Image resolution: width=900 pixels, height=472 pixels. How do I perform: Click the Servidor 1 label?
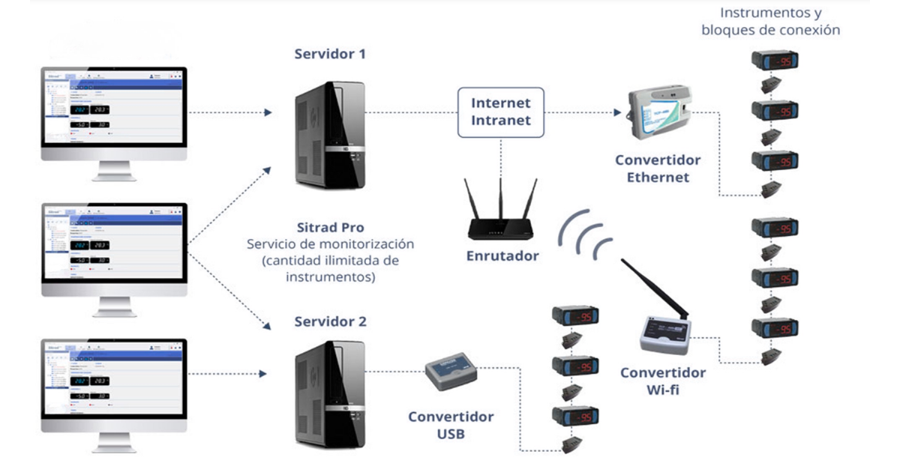click(331, 55)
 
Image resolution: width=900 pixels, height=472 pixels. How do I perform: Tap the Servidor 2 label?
click(331, 322)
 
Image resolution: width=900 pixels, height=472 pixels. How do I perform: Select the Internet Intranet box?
click(501, 112)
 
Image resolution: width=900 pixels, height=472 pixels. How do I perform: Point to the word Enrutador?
click(500, 256)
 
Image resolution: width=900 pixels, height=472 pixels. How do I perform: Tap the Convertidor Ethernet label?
click(658, 169)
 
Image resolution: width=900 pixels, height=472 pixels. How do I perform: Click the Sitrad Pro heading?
click(331, 228)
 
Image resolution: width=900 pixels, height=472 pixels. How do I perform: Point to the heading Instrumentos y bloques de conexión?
click(770, 22)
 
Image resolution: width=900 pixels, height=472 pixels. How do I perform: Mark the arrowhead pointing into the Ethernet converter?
click(618, 113)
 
